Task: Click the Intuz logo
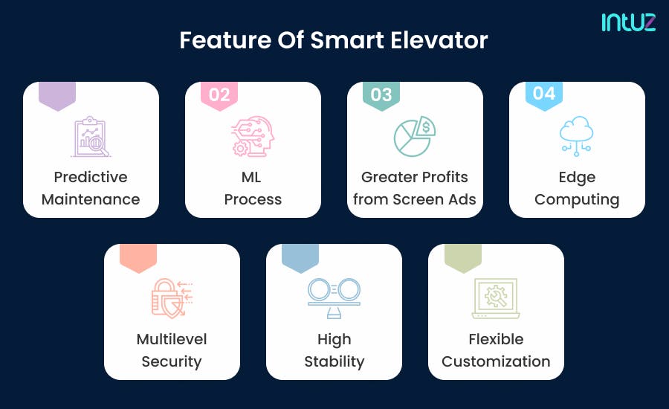click(x=628, y=22)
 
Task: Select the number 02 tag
click(x=219, y=94)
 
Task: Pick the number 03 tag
click(x=381, y=94)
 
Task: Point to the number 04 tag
click(x=544, y=94)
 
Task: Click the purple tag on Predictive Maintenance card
click(x=57, y=95)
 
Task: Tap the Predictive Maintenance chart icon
click(x=91, y=136)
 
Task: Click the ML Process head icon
click(x=253, y=136)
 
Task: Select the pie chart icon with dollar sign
click(x=415, y=136)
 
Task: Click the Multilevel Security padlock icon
click(x=172, y=298)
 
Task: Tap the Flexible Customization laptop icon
click(x=496, y=298)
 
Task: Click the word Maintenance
click(x=91, y=199)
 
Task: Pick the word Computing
click(x=577, y=199)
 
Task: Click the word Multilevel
click(x=172, y=339)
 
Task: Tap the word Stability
click(x=334, y=362)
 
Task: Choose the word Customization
click(x=496, y=362)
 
